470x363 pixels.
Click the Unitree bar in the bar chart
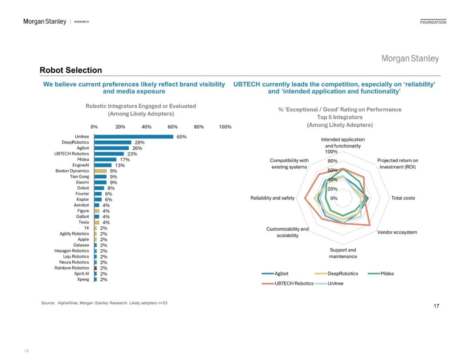pyautogui.click(x=134, y=137)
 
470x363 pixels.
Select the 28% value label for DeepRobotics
pyautogui.click(x=139, y=142)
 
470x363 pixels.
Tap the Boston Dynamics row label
pyautogui.click(x=72, y=171)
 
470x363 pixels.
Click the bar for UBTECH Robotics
pyautogui.click(x=109, y=154)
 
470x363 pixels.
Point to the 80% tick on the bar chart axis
pyautogui.click(x=199, y=127)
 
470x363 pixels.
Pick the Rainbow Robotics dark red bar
pyautogui.click(x=95, y=268)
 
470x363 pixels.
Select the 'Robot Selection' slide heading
pyautogui.click(x=70, y=70)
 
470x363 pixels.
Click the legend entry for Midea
pyautogui.click(x=387, y=274)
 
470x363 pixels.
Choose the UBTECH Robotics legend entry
pyautogui.click(x=294, y=283)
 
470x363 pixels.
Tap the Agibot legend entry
pyautogui.click(x=281, y=274)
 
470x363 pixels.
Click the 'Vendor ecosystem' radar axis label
pyautogui.click(x=397, y=232)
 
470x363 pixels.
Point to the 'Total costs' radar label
pyautogui.click(x=403, y=198)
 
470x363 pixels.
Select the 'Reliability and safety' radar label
pyautogui.click(x=272, y=198)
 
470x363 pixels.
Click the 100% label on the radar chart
pyautogui.click(x=331, y=151)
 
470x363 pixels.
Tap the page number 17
pyautogui.click(x=436, y=306)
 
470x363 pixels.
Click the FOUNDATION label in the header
pyautogui.click(x=433, y=22)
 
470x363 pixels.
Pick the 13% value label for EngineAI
pyautogui.click(x=120, y=165)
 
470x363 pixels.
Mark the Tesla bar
pyautogui.click(x=97, y=222)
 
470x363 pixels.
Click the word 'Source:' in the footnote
pyautogui.click(x=48, y=303)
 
